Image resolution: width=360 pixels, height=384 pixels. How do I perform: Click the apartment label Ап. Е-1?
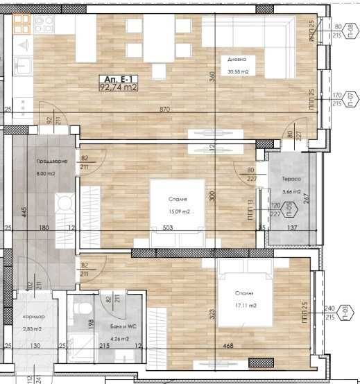117,79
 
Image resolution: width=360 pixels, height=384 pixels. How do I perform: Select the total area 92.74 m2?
119,88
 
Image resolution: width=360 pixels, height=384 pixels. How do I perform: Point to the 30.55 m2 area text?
238,71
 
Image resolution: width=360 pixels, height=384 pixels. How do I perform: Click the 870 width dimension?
164,110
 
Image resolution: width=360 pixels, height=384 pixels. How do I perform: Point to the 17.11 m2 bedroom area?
245,306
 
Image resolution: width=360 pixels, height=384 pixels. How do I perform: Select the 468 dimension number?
227,346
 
